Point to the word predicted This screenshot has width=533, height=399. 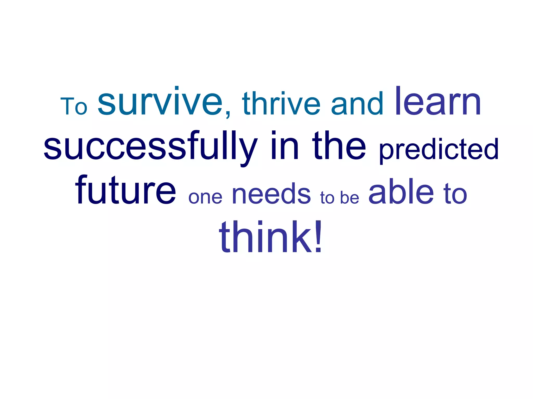(439, 149)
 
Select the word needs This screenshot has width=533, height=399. (271, 194)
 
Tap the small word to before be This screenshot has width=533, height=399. (327, 198)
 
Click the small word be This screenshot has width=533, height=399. (350, 198)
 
